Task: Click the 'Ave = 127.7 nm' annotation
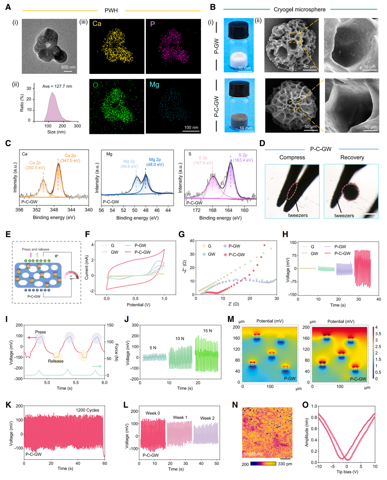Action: tap(57, 86)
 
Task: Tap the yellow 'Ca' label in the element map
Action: tap(97, 24)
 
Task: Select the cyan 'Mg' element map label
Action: tap(154, 84)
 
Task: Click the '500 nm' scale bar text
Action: tap(68, 67)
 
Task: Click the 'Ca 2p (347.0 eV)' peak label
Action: tap(70, 158)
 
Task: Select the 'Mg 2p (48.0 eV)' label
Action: tap(155, 162)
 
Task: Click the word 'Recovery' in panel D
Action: tap(352, 157)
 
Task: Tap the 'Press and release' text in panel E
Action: tap(35, 249)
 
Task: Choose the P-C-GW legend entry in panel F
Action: tap(142, 252)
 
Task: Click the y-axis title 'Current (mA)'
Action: tap(87, 267)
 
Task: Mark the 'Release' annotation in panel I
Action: tap(55, 361)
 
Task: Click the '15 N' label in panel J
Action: tap(207, 331)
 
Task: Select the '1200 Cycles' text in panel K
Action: tap(88, 410)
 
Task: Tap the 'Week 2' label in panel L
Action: tap(207, 418)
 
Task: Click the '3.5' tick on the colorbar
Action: tap(378, 334)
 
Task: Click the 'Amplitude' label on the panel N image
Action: tap(252, 454)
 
